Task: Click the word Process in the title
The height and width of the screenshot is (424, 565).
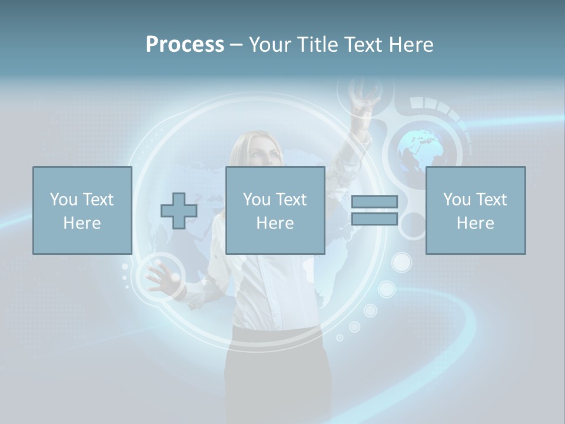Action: tap(185, 45)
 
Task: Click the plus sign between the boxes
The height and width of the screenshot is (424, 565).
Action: tap(179, 211)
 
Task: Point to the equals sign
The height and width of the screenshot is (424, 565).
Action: tap(374, 210)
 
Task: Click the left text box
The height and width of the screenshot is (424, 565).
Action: tap(82, 210)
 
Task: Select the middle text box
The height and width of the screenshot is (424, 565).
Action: tap(275, 210)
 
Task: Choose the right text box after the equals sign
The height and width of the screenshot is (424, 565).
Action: tap(475, 210)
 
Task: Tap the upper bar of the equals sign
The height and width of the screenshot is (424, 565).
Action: tap(374, 202)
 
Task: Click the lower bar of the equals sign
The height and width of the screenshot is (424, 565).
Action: tap(374, 218)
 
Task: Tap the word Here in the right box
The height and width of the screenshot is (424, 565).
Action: tap(475, 223)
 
